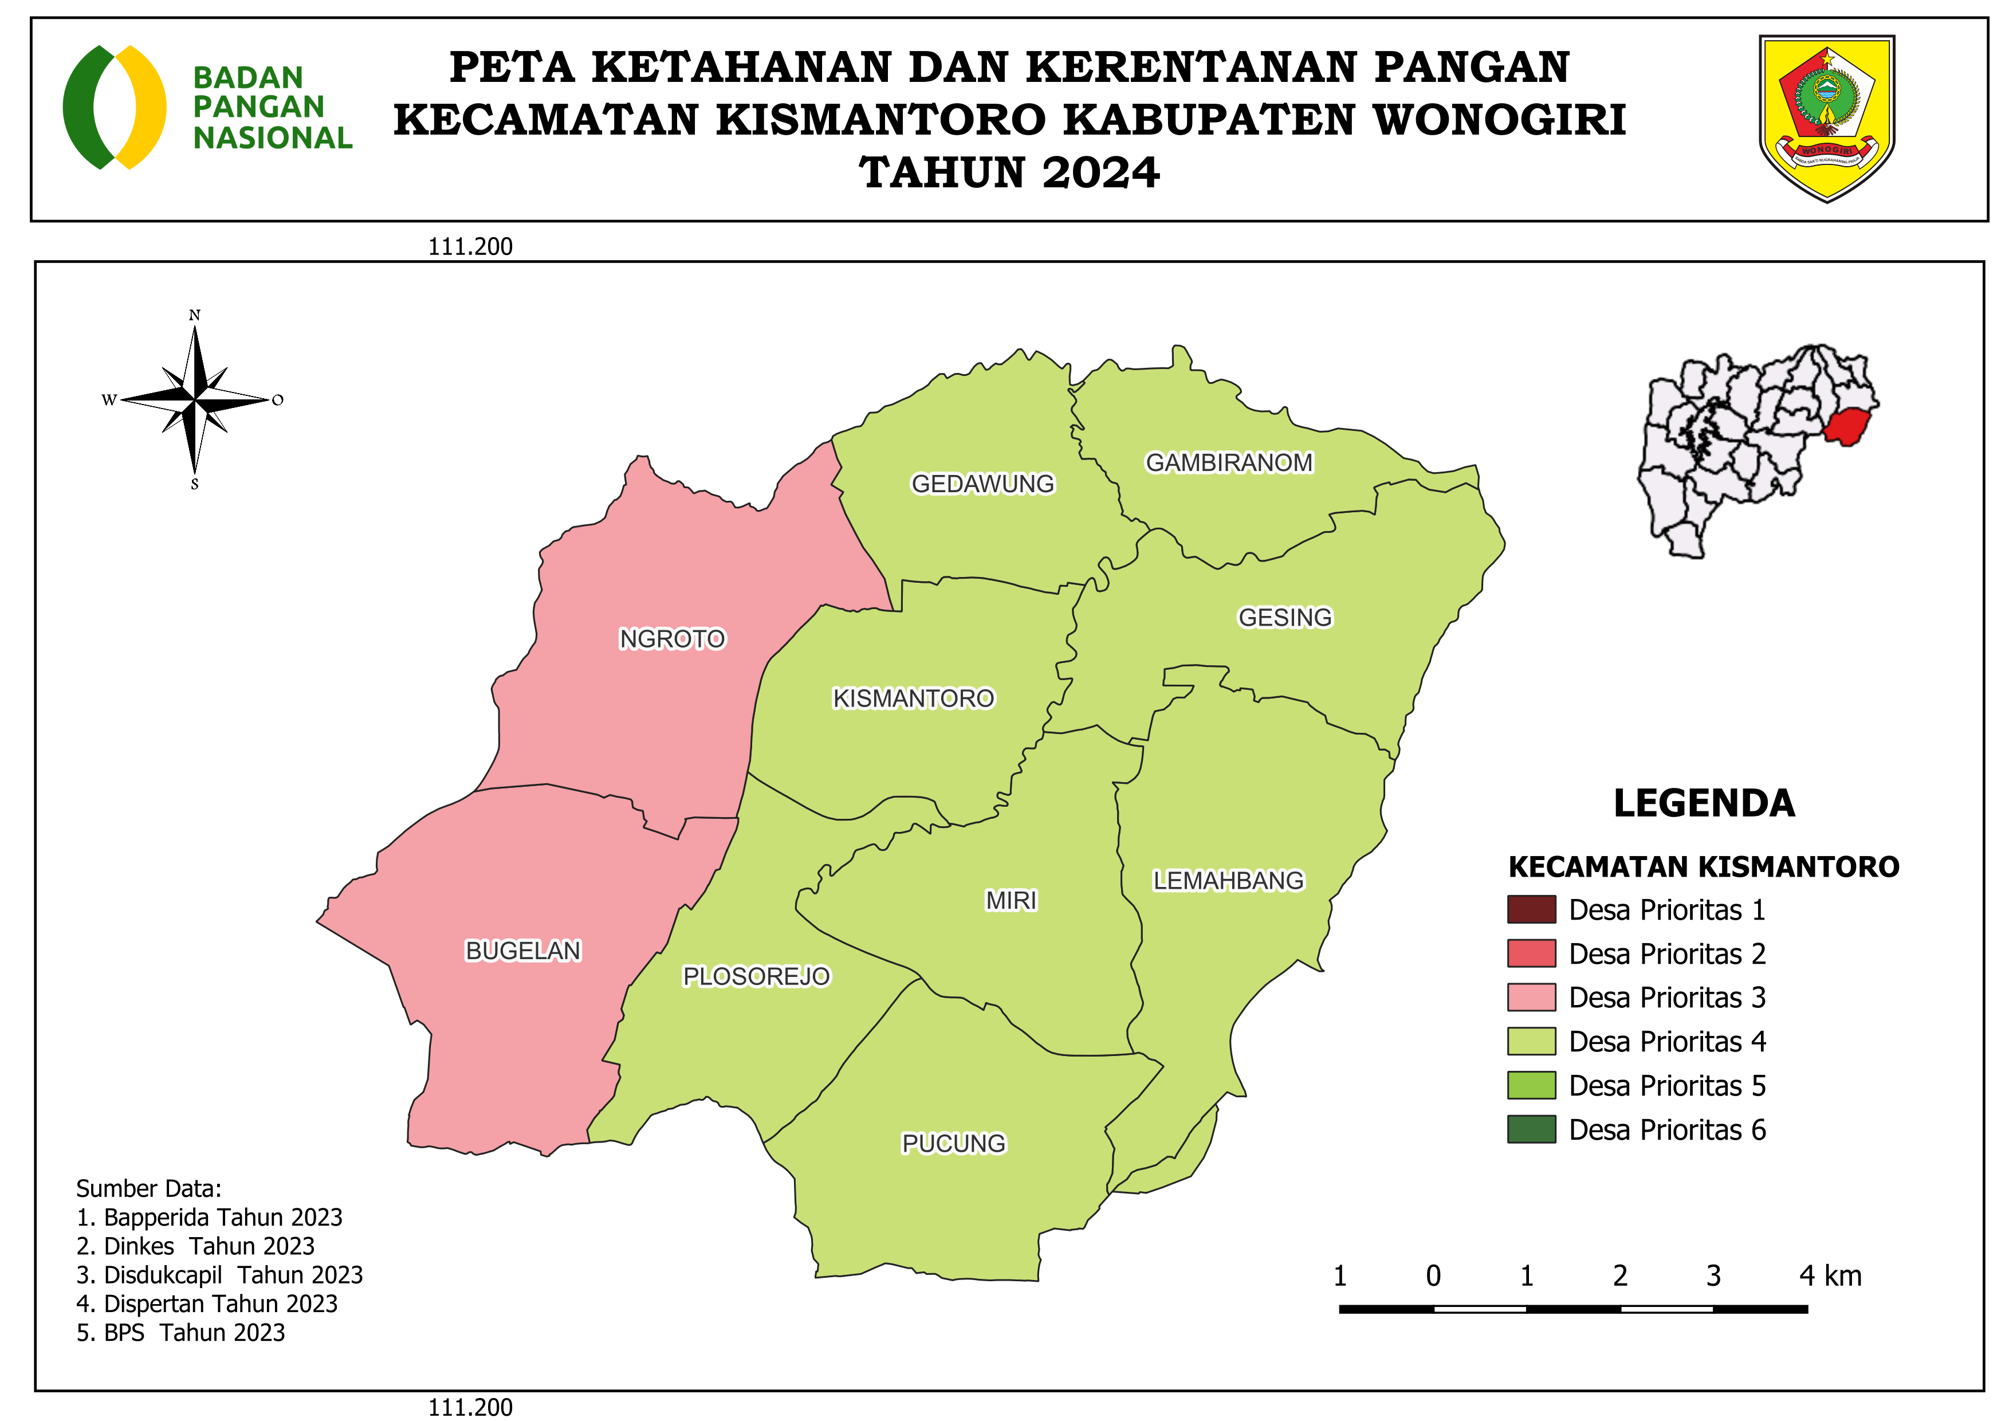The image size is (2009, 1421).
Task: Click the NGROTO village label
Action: click(x=672, y=639)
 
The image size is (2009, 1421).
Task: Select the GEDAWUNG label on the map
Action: click(x=982, y=484)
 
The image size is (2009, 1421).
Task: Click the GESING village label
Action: click(x=1284, y=618)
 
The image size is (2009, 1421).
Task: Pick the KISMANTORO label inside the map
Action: click(x=914, y=698)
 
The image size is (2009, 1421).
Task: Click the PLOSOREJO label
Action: click(x=756, y=976)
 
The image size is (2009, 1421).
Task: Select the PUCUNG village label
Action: click(x=954, y=1144)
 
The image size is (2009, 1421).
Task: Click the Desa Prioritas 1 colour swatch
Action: click(x=1531, y=909)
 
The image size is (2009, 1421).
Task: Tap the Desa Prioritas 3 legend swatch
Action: click(x=1531, y=998)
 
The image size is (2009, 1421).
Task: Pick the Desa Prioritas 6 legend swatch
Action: click(x=1531, y=1129)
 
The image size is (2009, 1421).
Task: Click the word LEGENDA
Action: click(x=1704, y=803)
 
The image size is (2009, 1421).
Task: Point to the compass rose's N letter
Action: click(x=195, y=315)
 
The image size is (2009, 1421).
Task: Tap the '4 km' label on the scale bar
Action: click(x=1830, y=1276)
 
